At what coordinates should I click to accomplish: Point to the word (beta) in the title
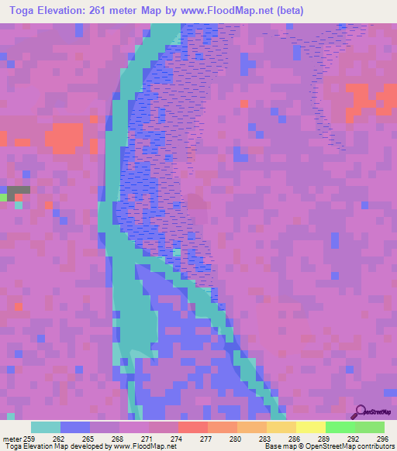[x=287, y=10]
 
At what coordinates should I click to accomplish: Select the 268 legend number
[x=117, y=438]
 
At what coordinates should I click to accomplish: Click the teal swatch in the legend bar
[x=46, y=427]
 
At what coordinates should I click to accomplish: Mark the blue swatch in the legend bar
[x=75, y=427]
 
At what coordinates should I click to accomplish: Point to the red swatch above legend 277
[x=193, y=427]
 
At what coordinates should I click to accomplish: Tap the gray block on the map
[x=19, y=189]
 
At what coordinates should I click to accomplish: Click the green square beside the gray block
[x=3, y=198]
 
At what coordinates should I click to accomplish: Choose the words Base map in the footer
[x=277, y=447]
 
